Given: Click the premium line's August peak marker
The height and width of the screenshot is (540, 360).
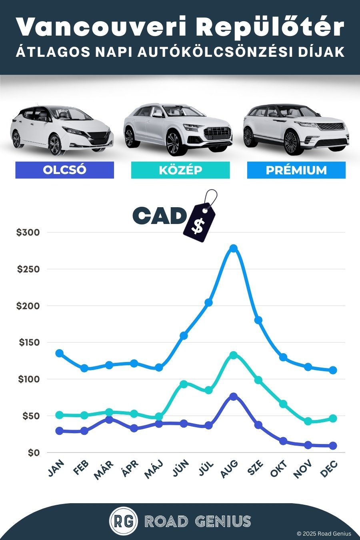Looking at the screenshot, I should pyautogui.click(x=234, y=248).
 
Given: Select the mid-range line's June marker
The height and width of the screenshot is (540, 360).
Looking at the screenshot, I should pyautogui.click(x=184, y=384).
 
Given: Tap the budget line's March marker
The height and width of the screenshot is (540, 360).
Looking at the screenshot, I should pyautogui.click(x=109, y=420).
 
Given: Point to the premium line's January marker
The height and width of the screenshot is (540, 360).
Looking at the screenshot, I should pyautogui.click(x=59, y=353).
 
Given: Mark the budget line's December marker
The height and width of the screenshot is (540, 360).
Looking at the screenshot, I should pyautogui.click(x=333, y=446).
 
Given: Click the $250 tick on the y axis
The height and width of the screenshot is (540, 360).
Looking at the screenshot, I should pyautogui.click(x=28, y=269).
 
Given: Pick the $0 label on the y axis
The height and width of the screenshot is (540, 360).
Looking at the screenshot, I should pyautogui.click(x=34, y=453).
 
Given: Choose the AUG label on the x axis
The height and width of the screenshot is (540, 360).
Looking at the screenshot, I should pyautogui.click(x=229, y=469).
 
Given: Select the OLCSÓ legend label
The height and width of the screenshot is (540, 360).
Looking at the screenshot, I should pyautogui.click(x=64, y=170).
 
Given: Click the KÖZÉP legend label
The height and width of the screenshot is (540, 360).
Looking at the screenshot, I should pyautogui.click(x=180, y=170).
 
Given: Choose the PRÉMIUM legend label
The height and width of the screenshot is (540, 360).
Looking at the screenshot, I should pyautogui.click(x=296, y=170).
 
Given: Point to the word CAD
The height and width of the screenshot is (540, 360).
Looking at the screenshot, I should pyautogui.click(x=159, y=216).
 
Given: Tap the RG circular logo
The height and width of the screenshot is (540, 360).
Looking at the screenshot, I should pyautogui.click(x=124, y=521).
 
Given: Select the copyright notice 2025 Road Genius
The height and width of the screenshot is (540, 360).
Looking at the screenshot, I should pyautogui.click(x=324, y=534).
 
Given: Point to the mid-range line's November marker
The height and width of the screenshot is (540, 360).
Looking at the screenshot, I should pyautogui.click(x=308, y=421).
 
